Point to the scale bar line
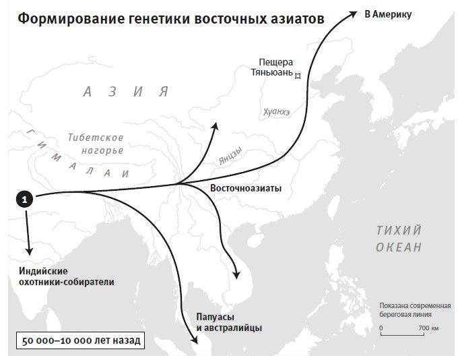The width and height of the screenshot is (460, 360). (x=405, y=334)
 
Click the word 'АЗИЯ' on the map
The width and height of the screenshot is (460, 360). (x=125, y=92)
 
